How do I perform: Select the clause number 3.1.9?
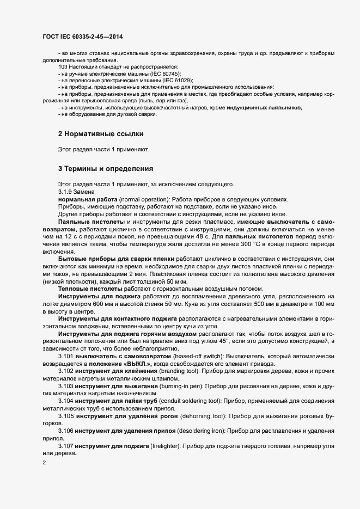66,192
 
